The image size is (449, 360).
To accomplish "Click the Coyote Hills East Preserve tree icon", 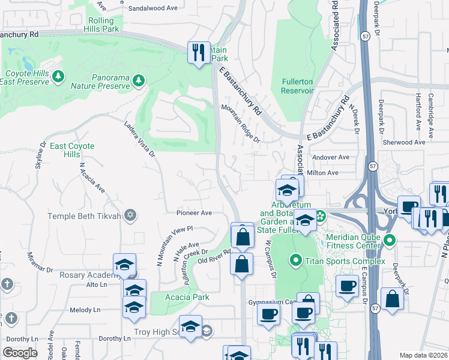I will coord(58,76).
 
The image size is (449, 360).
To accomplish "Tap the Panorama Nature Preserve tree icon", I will coord(139,79).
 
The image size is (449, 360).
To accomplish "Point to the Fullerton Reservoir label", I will coord(298,86).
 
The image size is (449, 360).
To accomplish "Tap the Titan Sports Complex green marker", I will coord(295,260).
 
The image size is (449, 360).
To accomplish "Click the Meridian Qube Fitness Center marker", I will coord(390,241).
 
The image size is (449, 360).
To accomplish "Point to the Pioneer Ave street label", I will coord(194,212).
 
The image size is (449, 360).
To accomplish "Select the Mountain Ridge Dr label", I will coord(240,124).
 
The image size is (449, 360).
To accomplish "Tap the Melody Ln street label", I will coord(85,310).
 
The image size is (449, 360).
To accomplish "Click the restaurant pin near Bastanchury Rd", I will coord(198,52).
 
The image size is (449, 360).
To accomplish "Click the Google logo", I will coord(20,353).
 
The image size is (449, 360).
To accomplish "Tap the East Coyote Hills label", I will coord(65,150).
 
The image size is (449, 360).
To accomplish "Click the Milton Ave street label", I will coord(322,173).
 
